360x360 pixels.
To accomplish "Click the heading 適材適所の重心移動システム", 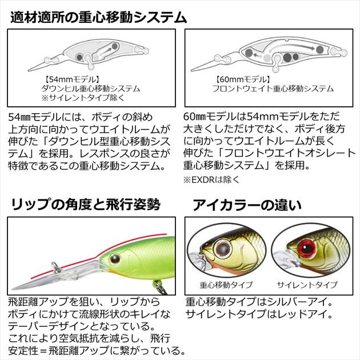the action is click(x=99, y=18).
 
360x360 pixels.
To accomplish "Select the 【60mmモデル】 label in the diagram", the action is click(x=242, y=79).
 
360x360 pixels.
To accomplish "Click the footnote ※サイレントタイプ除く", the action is click(x=83, y=98).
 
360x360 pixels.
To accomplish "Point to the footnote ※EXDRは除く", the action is click(x=211, y=180).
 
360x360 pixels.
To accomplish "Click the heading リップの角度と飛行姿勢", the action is click(x=85, y=205).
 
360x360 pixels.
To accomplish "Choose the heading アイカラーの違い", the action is click(x=247, y=205).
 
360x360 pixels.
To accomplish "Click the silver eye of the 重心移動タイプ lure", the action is click(x=222, y=248).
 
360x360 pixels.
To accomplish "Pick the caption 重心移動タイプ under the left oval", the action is click(x=226, y=285).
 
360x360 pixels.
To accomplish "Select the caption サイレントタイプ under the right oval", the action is click(x=307, y=285).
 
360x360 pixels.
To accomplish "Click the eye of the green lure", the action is click(x=115, y=259).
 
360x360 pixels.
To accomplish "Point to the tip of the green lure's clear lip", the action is click(x=12, y=289).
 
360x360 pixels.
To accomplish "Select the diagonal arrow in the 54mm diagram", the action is click(x=106, y=51).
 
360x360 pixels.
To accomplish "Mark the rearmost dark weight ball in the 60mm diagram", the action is click(x=319, y=49).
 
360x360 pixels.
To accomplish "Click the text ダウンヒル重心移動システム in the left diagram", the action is click(x=91, y=89).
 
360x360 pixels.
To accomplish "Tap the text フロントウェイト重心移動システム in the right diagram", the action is click(x=273, y=89).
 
